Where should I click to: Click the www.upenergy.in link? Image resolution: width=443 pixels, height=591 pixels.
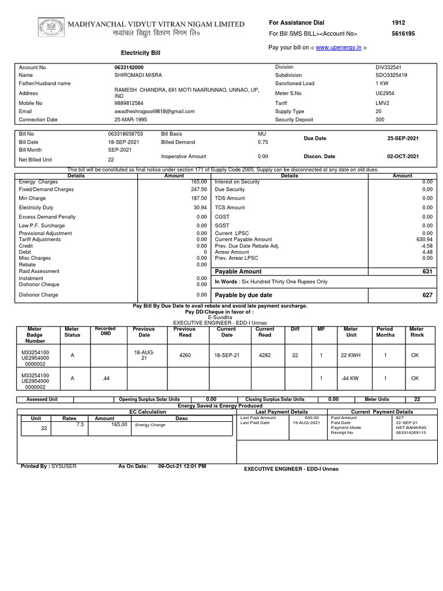click(339, 47)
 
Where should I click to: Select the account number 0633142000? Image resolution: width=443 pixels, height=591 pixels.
click(129, 68)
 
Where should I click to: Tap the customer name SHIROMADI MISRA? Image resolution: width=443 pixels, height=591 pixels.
click(138, 75)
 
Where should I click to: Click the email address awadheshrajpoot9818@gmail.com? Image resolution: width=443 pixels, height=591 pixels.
click(155, 111)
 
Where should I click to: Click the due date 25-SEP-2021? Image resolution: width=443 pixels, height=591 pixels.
click(403, 139)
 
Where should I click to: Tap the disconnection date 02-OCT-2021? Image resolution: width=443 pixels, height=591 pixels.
click(403, 156)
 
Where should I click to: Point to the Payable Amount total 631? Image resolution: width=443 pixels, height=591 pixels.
click(427, 271)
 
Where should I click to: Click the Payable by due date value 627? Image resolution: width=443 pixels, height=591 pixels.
click(427, 295)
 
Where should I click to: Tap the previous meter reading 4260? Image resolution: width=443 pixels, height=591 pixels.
click(185, 356)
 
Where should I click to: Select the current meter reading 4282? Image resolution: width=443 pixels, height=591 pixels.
click(265, 356)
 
